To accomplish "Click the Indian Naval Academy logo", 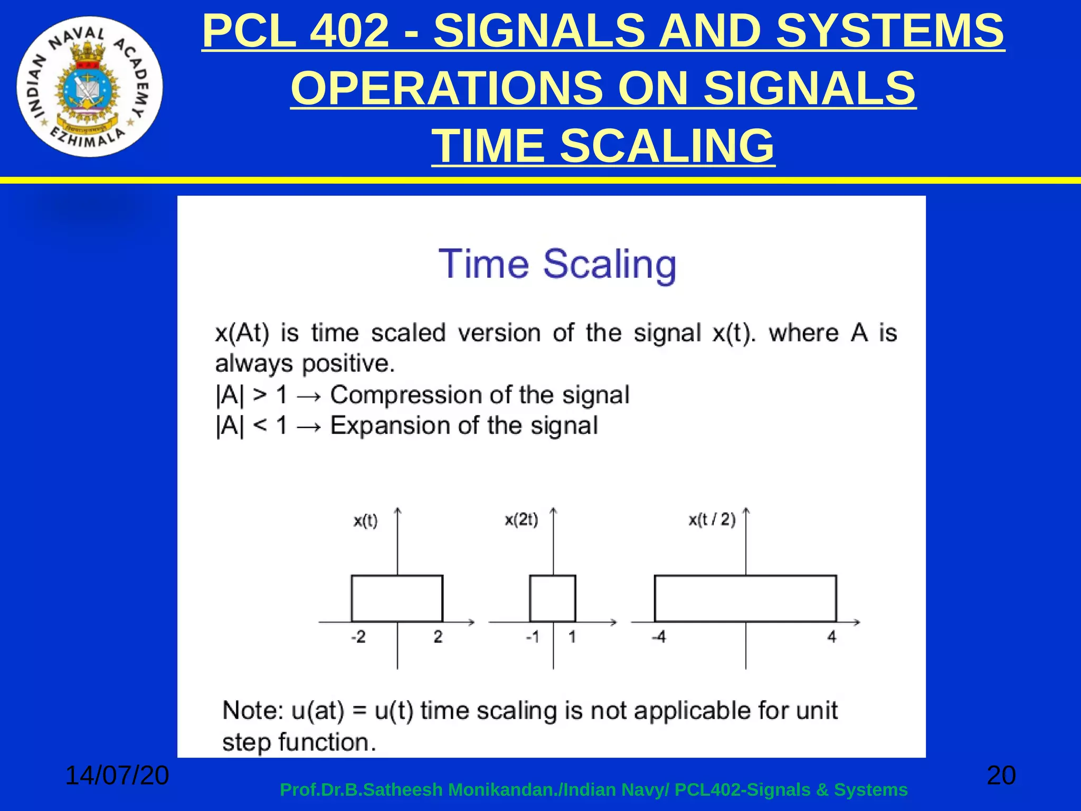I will coord(90,87).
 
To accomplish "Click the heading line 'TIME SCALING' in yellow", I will coord(603,146).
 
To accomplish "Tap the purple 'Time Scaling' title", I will coord(557,264).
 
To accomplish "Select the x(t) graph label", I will coord(365,521).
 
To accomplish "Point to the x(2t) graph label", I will coord(521,520).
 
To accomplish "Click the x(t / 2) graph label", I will coord(712,520).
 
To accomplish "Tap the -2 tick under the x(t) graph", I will coord(358,637).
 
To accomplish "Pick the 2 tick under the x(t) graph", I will coord(438,637).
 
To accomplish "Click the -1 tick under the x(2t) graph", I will coord(533,637).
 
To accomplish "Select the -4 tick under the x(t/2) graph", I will coord(658,637).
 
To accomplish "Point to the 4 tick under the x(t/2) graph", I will coord(831,637).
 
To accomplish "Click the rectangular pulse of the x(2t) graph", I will coord(553,598).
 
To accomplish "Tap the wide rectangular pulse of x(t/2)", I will coord(745,598).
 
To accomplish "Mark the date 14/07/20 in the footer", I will coord(117,776).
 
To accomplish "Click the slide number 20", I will coord(1001,776).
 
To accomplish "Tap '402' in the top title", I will coord(349,31).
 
